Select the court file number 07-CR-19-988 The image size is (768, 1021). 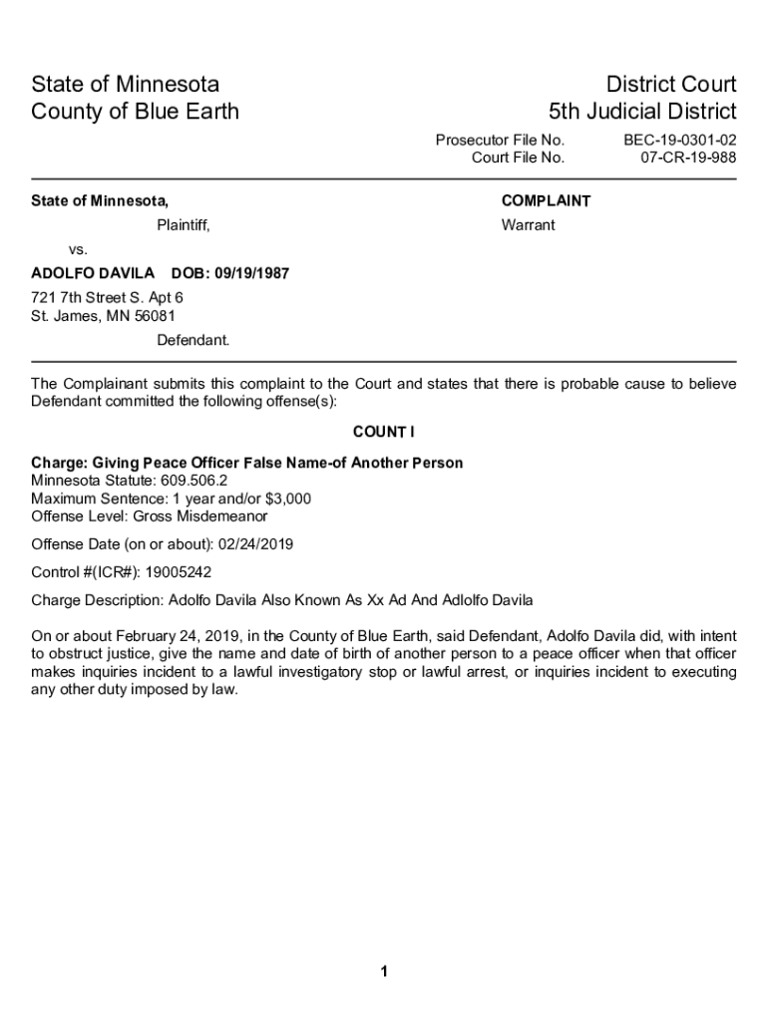[x=688, y=158]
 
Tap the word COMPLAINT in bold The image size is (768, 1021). [x=546, y=201]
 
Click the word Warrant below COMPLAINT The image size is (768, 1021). [x=528, y=225]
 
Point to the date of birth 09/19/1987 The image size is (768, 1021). [x=253, y=273]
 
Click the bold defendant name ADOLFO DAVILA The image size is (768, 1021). [x=93, y=273]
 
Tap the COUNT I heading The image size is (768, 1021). [x=383, y=432]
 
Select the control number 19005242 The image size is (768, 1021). [x=179, y=572]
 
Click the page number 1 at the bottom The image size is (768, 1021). [x=383, y=972]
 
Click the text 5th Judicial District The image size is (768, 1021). [x=642, y=111]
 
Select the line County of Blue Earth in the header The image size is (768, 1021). [x=135, y=111]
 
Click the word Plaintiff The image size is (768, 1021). [x=184, y=225]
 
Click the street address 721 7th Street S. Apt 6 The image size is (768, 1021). [x=108, y=298]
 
